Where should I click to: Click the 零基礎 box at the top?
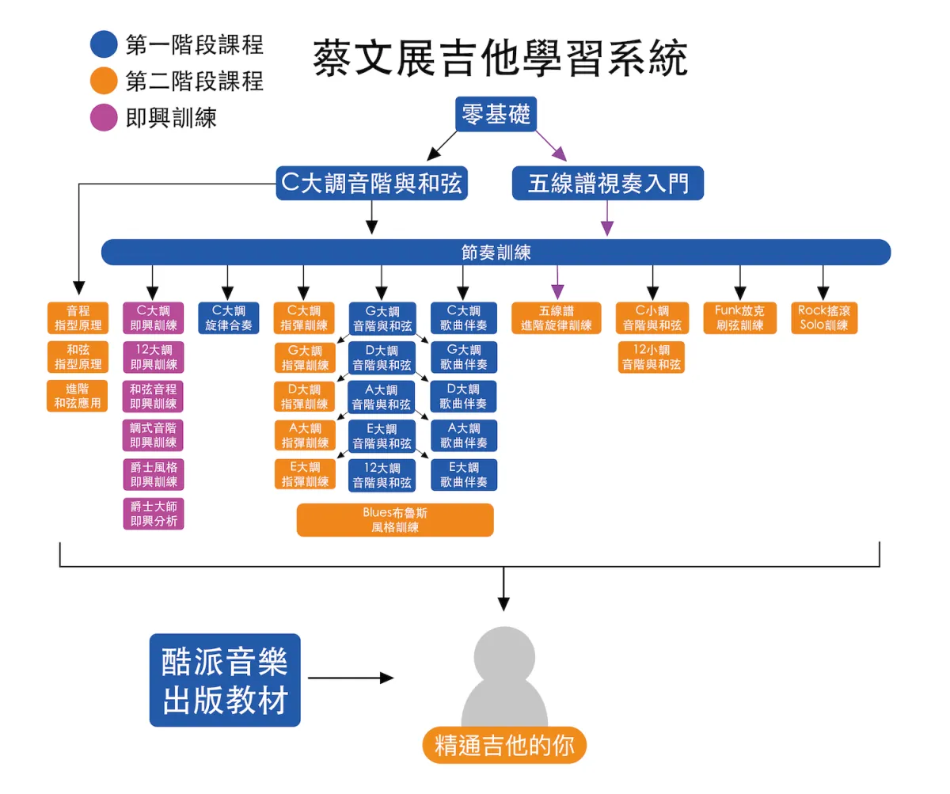tap(497, 115)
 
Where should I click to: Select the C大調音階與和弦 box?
tap(371, 183)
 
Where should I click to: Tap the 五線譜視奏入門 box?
tap(608, 184)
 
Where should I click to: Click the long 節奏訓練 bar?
tap(496, 253)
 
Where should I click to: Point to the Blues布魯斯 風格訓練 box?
tap(395, 520)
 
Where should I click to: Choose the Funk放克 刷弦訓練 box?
tap(739, 317)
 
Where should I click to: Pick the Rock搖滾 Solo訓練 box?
tap(824, 317)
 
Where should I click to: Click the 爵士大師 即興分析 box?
tap(154, 513)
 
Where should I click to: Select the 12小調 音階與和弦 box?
tap(652, 357)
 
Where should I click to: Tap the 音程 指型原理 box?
tap(78, 317)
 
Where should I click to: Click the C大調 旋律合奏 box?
tap(228, 317)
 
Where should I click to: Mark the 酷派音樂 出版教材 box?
tap(225, 680)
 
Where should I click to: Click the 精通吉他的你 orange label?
tap(504, 745)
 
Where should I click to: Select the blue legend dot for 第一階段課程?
tap(104, 44)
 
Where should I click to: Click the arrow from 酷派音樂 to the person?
tap(350, 678)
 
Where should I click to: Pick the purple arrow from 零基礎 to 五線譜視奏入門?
tap(551, 146)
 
